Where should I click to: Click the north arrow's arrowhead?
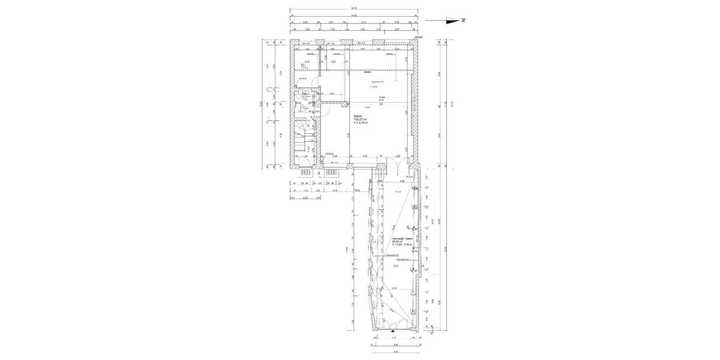[x=457, y=20]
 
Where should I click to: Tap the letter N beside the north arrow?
[x=464, y=20]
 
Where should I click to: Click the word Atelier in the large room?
[x=358, y=116]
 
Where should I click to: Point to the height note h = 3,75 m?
[x=361, y=123]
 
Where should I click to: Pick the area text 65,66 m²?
[x=397, y=242]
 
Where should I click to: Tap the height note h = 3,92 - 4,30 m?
[x=403, y=245]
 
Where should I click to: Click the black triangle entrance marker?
[x=393, y=331]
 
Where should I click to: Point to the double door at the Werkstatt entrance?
[x=393, y=325]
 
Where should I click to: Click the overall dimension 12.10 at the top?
[x=354, y=8]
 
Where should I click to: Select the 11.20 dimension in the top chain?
[x=354, y=16]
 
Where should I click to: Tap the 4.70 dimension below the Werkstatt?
[x=395, y=352]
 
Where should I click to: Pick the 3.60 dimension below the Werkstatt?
[x=395, y=345]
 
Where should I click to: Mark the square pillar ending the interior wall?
[x=349, y=103]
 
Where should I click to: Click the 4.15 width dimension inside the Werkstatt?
[x=394, y=289]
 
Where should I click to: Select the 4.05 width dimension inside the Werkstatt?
[x=395, y=266]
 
